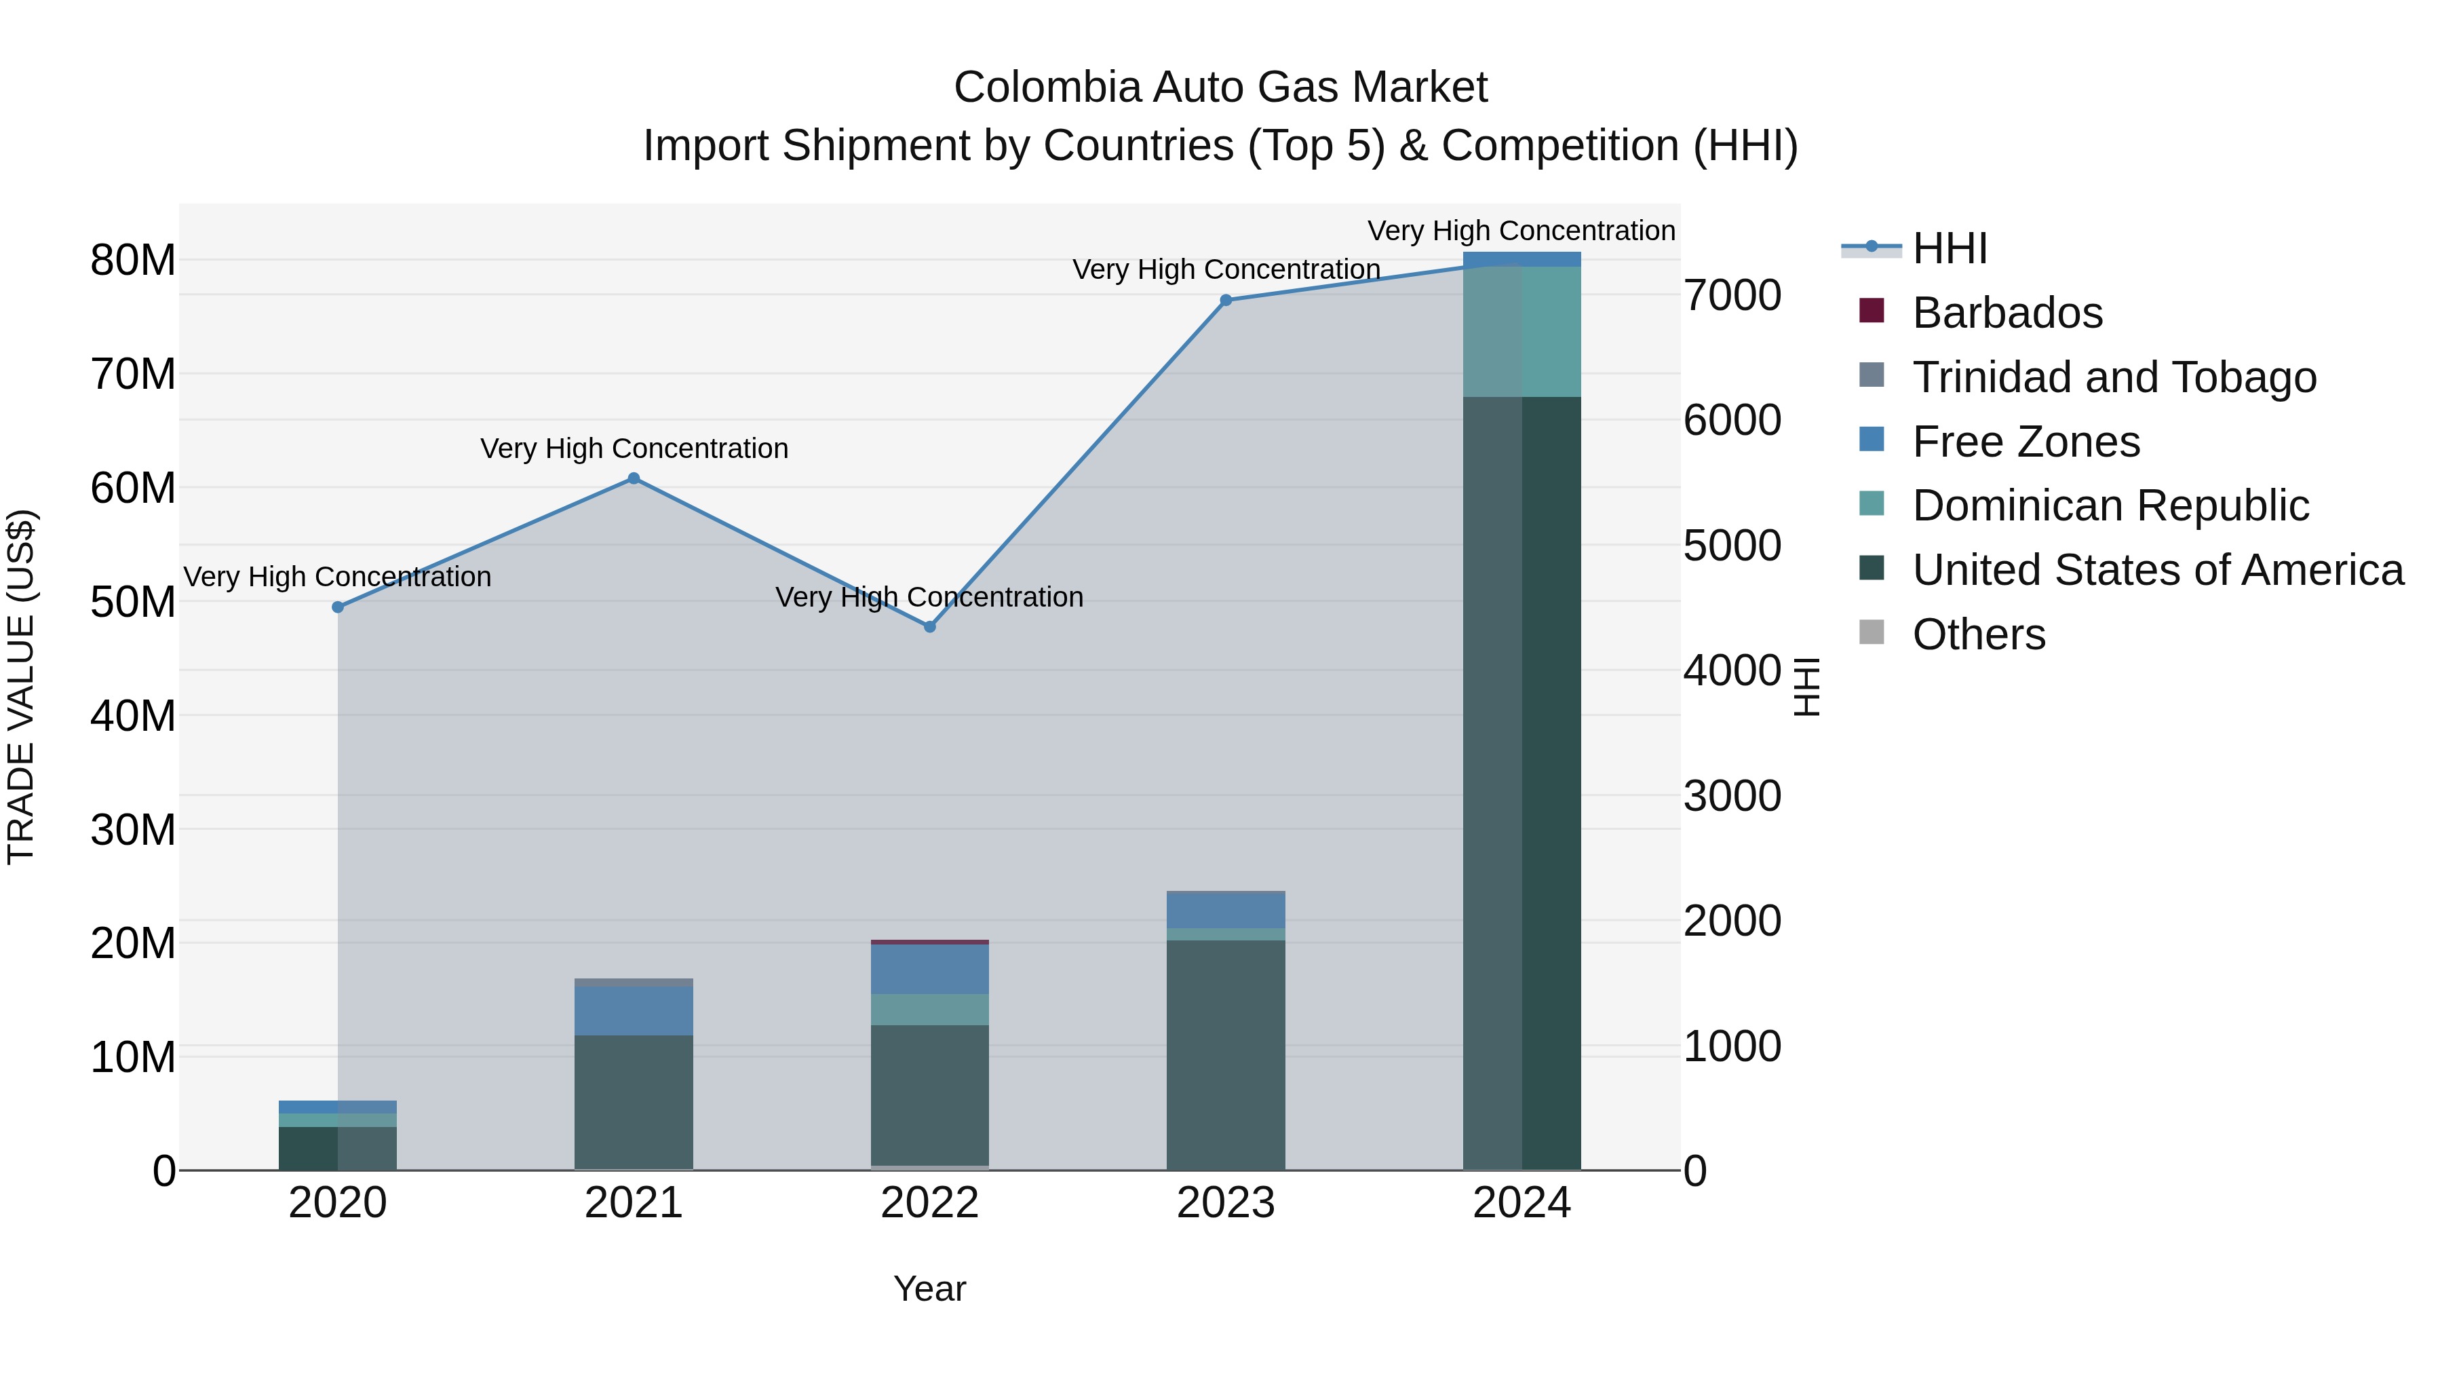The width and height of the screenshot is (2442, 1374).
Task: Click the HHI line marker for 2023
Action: click(1226, 300)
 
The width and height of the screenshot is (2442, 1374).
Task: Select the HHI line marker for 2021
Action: click(634, 479)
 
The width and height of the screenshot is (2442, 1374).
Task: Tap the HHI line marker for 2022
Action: click(930, 627)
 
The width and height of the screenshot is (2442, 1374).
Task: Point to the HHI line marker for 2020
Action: click(338, 607)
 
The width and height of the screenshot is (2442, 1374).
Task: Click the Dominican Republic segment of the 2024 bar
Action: click(1522, 331)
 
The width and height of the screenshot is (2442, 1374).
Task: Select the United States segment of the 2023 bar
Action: click(1226, 1052)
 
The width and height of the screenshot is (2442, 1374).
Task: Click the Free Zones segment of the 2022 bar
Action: click(930, 968)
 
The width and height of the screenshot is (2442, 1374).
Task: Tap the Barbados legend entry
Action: click(2007, 312)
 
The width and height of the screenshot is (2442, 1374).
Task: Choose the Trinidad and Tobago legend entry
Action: click(2114, 377)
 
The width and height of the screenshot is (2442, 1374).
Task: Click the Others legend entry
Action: click(1979, 634)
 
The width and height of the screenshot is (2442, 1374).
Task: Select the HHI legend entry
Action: click(1949, 248)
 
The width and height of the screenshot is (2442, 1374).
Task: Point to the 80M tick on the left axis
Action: click(133, 260)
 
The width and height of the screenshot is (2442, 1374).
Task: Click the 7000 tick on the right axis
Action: click(1732, 295)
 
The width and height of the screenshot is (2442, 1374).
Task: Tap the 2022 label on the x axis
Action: click(930, 1203)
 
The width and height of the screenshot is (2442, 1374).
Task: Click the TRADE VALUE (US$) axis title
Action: click(21, 687)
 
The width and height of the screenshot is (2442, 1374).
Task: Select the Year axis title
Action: click(930, 1289)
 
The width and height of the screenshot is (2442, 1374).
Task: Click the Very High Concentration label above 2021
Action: click(634, 448)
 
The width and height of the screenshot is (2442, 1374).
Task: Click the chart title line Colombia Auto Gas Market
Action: click(1220, 88)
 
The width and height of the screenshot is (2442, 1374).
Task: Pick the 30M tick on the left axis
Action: click(133, 830)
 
